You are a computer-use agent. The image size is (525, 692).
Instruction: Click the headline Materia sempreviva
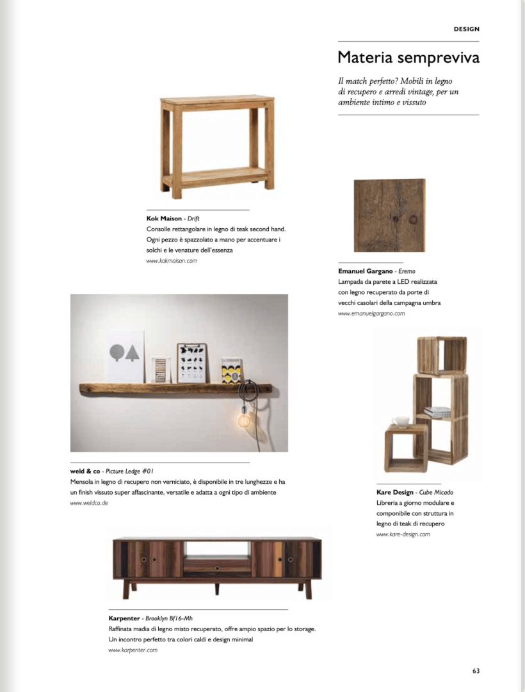pos(408,58)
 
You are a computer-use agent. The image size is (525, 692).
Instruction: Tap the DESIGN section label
pos(466,29)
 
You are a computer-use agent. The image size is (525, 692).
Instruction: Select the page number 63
pos(476,671)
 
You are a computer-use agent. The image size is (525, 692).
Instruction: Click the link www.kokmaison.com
pos(172,261)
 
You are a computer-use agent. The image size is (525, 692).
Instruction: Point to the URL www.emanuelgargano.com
pos(371,313)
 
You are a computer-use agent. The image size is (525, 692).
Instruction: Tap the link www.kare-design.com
pos(403,534)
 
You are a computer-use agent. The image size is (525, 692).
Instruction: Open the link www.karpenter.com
pos(133,650)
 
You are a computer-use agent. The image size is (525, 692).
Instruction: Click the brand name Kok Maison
pos(164,218)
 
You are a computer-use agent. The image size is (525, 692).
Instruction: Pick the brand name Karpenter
pos(125,618)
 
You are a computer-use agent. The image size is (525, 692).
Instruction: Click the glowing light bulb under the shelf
pos(245,420)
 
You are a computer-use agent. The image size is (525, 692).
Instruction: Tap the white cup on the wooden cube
pos(401,421)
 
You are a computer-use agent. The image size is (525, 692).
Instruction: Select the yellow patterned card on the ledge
pos(232,371)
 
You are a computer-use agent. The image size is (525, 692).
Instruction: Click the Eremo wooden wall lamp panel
pos(389,215)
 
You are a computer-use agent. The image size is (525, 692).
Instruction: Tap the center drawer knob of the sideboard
pos(217,568)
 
